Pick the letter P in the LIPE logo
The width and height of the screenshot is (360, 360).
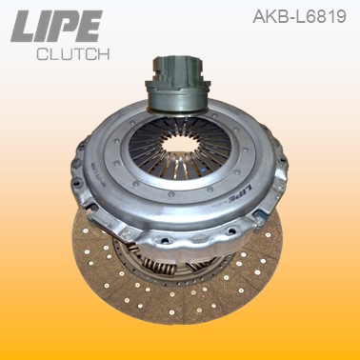tap(70, 26)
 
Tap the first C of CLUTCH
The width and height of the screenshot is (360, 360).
tap(42, 55)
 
